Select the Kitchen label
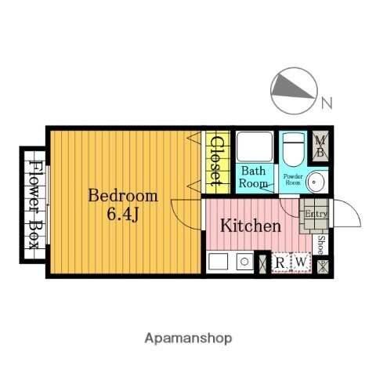click(249, 226)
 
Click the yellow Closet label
click(216, 164)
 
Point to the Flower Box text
click(34, 205)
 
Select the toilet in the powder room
click(293, 146)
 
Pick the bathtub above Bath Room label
click(253, 146)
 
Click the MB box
click(320, 146)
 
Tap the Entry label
click(316, 214)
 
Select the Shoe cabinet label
click(320, 244)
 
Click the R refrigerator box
click(280, 262)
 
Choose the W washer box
click(298, 262)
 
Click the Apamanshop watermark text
click(188, 338)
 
